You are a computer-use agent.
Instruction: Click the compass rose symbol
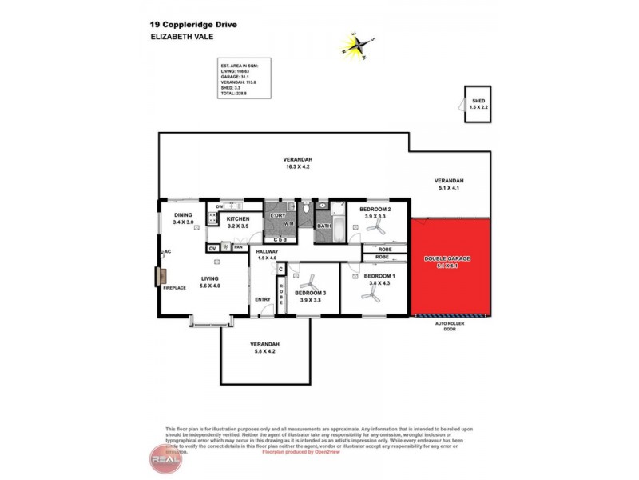pyautogui.click(x=355, y=46)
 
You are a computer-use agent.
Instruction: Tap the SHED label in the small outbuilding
pyautogui.click(x=478, y=102)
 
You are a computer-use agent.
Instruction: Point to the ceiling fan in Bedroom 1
pyautogui.click(x=371, y=294)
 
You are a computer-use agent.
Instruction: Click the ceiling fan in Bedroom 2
pyautogui.click(x=374, y=230)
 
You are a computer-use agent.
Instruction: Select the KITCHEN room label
pyautogui.click(x=238, y=219)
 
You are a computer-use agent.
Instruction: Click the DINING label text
pyautogui.click(x=183, y=215)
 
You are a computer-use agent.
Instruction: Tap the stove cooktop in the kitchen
pyautogui.click(x=214, y=217)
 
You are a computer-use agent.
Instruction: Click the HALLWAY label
pyautogui.click(x=267, y=252)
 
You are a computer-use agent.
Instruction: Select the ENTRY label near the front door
pyautogui.click(x=263, y=300)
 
